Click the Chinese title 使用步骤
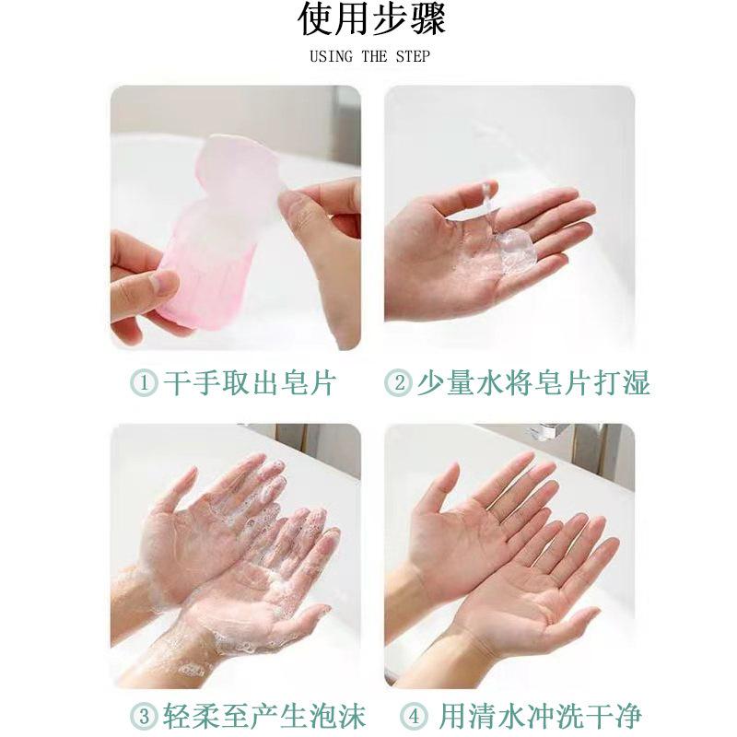click(371, 19)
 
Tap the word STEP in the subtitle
click(412, 56)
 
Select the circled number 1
click(144, 382)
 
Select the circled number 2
click(398, 382)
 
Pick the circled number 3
click(144, 717)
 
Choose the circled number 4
click(414, 717)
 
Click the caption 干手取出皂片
click(250, 382)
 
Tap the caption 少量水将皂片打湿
click(533, 382)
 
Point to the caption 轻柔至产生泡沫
click(264, 717)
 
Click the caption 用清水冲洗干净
click(540, 717)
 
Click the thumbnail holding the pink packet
click(163, 282)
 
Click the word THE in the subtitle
click(374, 56)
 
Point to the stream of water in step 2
click(487, 206)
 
